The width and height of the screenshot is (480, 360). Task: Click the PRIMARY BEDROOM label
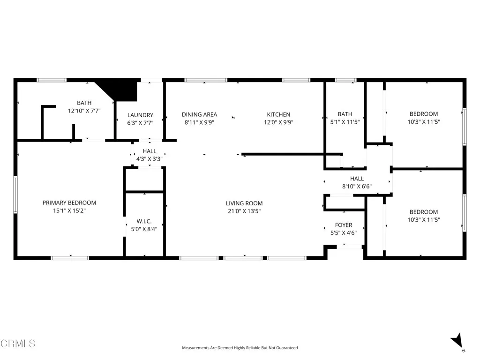69,202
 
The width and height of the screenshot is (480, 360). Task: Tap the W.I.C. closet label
143,221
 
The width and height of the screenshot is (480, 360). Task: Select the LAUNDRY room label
140,115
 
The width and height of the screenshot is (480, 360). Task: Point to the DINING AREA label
199,114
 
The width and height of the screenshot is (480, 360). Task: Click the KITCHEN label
278,114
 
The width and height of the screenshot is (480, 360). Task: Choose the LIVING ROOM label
244,203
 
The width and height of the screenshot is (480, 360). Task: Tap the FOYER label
344,225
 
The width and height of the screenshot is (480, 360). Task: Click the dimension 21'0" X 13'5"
244,211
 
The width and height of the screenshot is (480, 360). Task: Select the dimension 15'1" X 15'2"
69,211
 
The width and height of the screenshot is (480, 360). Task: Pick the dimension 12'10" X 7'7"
84,111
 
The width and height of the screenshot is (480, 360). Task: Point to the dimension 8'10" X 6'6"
357,187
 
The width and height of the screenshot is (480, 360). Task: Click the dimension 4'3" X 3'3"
150,159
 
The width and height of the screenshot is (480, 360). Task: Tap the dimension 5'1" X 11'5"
345,122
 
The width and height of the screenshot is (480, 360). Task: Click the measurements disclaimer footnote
240,348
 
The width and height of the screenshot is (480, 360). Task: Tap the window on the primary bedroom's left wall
15,194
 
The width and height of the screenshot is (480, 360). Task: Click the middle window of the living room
243,257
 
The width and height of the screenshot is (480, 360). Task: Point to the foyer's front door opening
350,246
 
